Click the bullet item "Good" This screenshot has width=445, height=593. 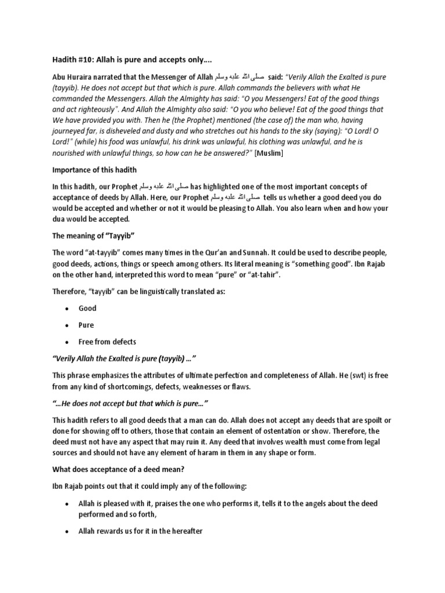pyautogui.click(x=87, y=308)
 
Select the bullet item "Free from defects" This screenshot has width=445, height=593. pyautogui.click(x=108, y=342)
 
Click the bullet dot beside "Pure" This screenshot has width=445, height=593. pyautogui.click(x=68, y=325)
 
